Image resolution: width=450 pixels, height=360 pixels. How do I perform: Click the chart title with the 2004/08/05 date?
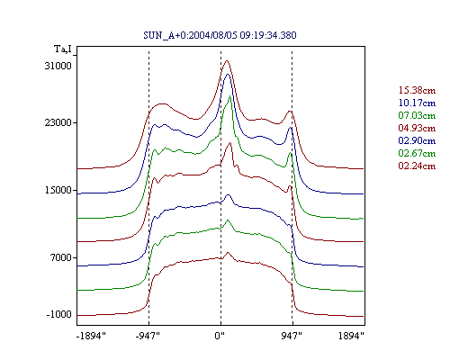point(220,35)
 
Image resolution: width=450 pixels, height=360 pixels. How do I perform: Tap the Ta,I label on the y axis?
point(63,49)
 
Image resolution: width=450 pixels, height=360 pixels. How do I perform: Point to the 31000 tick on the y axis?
point(58,66)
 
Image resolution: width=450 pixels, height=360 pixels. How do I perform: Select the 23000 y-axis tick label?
point(58,122)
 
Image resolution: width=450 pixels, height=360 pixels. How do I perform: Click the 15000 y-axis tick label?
point(58,190)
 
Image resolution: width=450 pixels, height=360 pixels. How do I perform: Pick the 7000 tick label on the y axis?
point(61,257)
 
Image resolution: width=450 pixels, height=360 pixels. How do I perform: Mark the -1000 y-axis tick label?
point(59,314)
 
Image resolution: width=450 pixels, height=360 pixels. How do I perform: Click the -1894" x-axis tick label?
point(91,336)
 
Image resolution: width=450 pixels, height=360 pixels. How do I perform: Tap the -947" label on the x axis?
point(148,336)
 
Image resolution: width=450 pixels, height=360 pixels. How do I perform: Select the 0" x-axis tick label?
point(220,336)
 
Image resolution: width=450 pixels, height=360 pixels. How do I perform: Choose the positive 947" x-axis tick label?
point(292,336)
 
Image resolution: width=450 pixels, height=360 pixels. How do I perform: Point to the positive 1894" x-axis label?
point(351,336)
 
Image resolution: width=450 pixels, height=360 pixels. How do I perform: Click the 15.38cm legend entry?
point(417,90)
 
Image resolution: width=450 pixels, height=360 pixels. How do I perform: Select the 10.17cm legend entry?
point(417,103)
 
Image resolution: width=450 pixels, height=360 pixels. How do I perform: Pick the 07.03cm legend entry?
point(417,115)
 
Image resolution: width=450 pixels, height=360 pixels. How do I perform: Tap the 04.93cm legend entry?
point(417,128)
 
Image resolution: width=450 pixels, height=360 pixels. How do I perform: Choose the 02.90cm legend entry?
point(417,140)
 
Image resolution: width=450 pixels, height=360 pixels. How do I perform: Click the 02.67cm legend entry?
point(417,153)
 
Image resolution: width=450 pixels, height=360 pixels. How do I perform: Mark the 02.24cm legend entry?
point(417,166)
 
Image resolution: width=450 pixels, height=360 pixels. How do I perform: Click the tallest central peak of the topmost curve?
point(227,60)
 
